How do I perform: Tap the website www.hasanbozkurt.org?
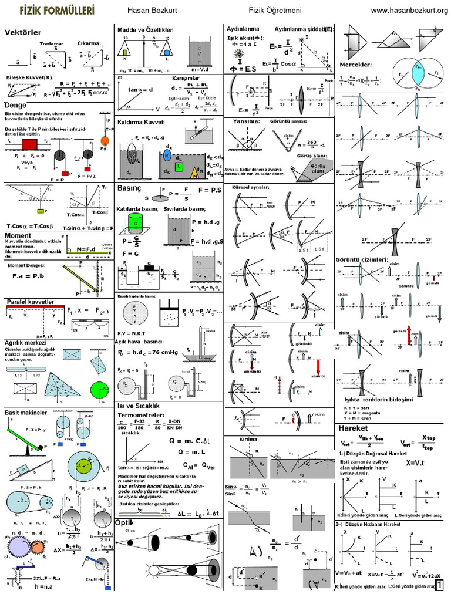(x=410, y=11)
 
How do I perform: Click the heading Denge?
(x=16, y=104)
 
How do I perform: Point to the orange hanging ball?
(x=105, y=141)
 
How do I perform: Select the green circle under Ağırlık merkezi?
(x=96, y=389)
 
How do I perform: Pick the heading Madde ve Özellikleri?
(x=145, y=30)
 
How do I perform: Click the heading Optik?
(x=124, y=522)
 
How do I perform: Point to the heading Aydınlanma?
(x=244, y=29)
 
